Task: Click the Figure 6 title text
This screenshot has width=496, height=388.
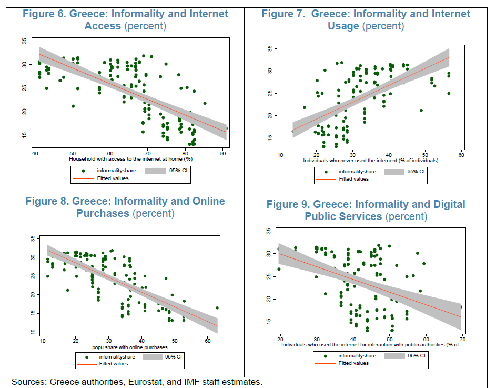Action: click(126, 19)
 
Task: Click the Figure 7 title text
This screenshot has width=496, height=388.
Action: click(366, 19)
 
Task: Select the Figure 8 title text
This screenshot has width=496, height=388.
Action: click(125, 207)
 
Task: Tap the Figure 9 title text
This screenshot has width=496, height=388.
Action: click(366, 210)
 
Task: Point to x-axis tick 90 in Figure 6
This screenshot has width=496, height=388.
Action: click(222, 153)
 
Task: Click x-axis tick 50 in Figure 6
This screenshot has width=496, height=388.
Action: click(73, 153)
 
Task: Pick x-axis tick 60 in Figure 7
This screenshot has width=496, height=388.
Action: click(461, 155)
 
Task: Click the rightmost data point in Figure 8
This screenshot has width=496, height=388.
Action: click(217, 308)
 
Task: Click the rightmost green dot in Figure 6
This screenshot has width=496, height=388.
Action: click(226, 128)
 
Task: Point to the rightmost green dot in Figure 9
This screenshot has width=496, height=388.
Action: click(461, 306)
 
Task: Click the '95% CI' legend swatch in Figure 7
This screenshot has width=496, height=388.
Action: click(394, 172)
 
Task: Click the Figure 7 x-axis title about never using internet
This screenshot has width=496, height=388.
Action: click(370, 161)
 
